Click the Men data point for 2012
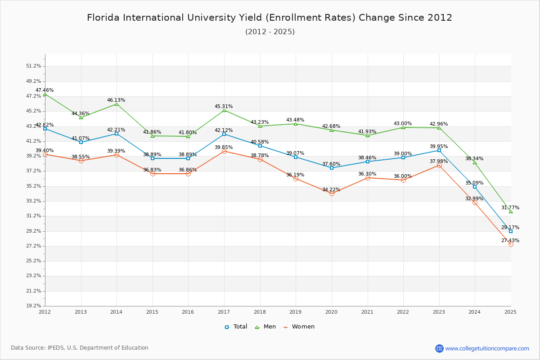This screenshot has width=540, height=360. (45, 94)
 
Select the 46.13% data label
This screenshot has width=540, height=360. (116, 100)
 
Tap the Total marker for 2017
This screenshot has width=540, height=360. (224, 134)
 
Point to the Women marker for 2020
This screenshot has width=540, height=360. (332, 193)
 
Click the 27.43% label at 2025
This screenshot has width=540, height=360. (510, 240)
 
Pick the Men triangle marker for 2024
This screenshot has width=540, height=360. (475, 162)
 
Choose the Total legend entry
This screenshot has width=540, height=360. (236, 327)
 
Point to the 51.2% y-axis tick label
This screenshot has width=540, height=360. (33, 66)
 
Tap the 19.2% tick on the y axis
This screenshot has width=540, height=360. (33, 306)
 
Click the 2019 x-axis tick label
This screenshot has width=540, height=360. (296, 311)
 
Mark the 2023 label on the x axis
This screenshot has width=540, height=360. (439, 311)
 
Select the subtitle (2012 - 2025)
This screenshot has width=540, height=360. (270, 31)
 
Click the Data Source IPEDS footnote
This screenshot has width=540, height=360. (80, 348)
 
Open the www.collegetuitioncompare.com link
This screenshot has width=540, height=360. (487, 348)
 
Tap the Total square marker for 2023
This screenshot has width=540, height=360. (439, 150)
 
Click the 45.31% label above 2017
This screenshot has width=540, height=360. (224, 106)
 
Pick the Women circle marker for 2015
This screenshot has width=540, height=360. (153, 174)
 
